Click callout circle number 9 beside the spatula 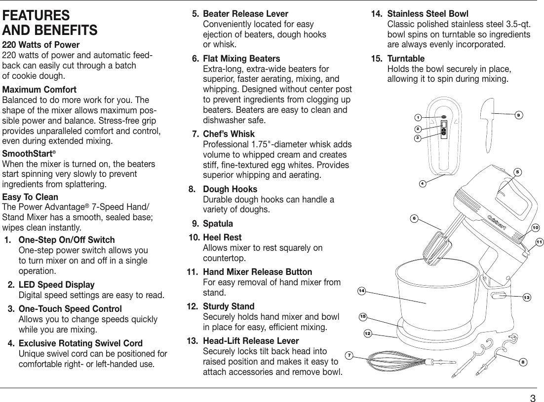[x=518, y=115]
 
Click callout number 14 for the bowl [x=362, y=292]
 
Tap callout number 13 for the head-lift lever [x=527, y=297]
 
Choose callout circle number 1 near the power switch [x=418, y=117]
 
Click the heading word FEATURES [x=36, y=15]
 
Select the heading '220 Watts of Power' [x=41, y=45]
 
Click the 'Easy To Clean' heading [x=31, y=197]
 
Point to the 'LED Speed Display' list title [x=56, y=285]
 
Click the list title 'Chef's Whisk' [x=229, y=134]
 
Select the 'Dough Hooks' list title [x=230, y=189]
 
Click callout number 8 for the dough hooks [x=522, y=362]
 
